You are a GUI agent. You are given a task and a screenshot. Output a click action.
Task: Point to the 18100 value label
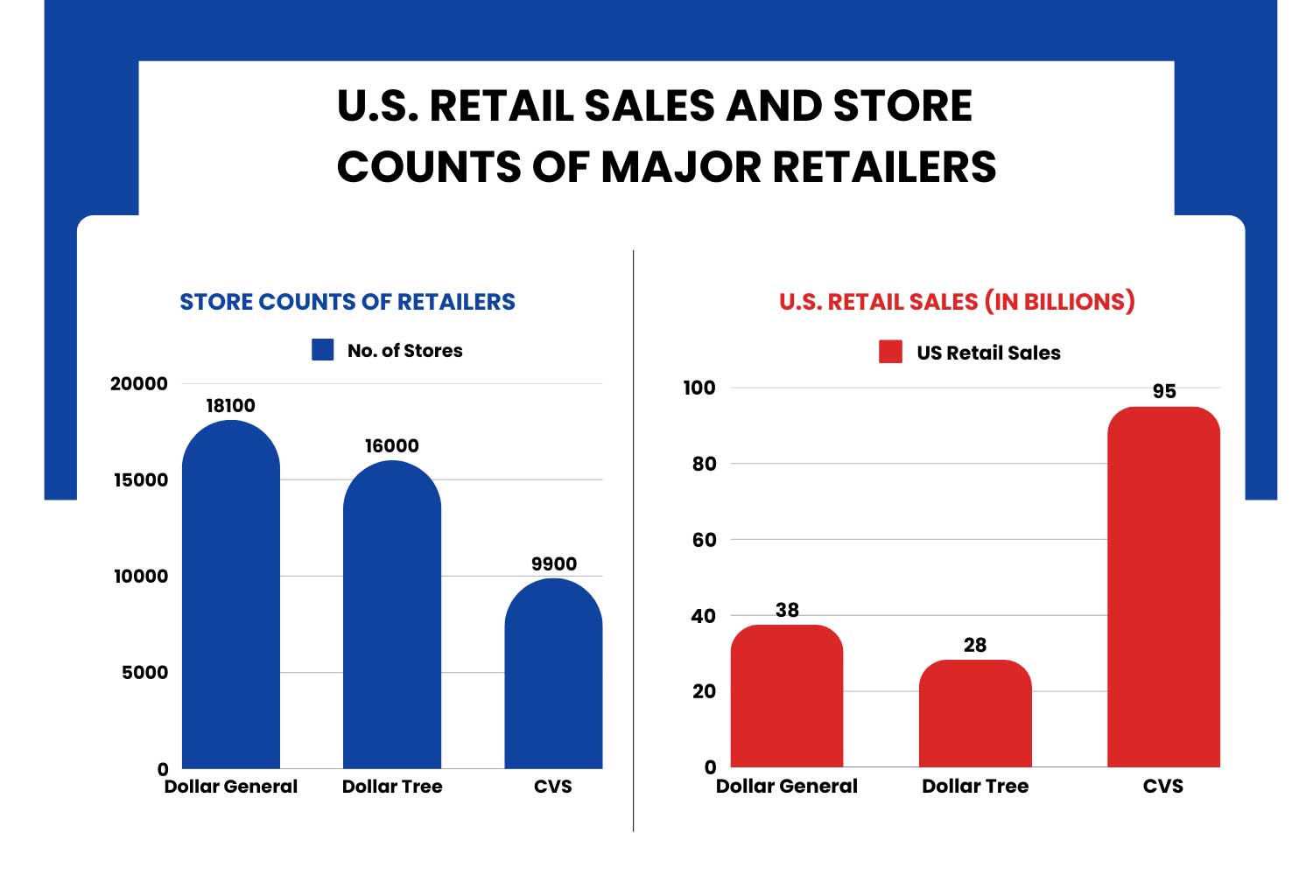coord(230,406)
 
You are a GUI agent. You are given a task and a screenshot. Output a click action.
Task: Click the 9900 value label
coord(553,564)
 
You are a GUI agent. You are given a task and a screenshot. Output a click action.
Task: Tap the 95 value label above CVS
coord(1164,392)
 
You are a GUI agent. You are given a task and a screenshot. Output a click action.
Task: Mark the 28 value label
coord(975,646)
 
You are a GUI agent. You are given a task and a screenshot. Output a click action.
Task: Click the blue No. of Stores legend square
coord(323,350)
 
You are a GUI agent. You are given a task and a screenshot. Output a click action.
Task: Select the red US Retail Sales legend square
coord(890,352)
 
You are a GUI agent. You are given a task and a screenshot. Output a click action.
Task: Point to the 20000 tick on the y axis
coord(139,384)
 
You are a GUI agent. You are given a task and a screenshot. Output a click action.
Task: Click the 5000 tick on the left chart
coord(144,673)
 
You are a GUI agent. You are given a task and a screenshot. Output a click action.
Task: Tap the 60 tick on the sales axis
coord(704,540)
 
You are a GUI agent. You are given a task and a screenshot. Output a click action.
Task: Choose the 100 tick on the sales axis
coord(699,388)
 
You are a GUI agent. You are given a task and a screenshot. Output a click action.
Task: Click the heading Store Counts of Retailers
coord(348,302)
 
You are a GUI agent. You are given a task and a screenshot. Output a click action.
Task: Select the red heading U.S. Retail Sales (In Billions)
coord(957,302)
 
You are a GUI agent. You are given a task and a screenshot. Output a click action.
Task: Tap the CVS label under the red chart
coord(1162,786)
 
